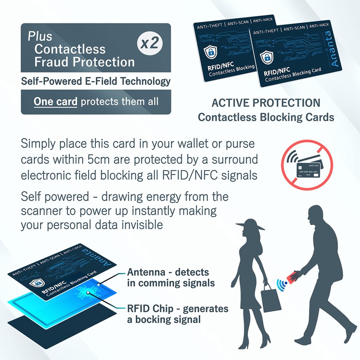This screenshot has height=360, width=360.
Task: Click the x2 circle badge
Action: pyautogui.click(x=150, y=43)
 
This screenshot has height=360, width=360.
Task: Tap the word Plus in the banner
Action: pyautogui.click(x=40, y=36)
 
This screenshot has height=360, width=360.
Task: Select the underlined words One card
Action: pyautogui.click(x=55, y=102)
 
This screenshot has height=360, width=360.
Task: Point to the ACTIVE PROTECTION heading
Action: pyautogui.click(x=266, y=103)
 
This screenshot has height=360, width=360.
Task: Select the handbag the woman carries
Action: pyautogui.click(x=271, y=298)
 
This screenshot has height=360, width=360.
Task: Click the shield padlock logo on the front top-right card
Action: pyautogui.click(x=266, y=57)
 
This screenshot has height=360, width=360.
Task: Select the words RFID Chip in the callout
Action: pyautogui.click(x=150, y=309)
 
